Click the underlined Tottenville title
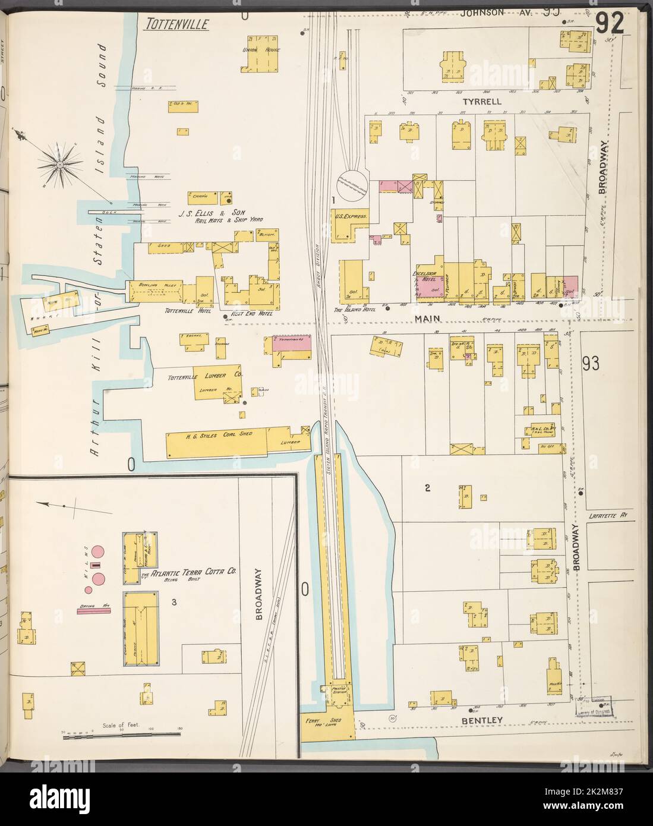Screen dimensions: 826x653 point(176,24)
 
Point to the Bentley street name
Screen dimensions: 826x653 point(487,720)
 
